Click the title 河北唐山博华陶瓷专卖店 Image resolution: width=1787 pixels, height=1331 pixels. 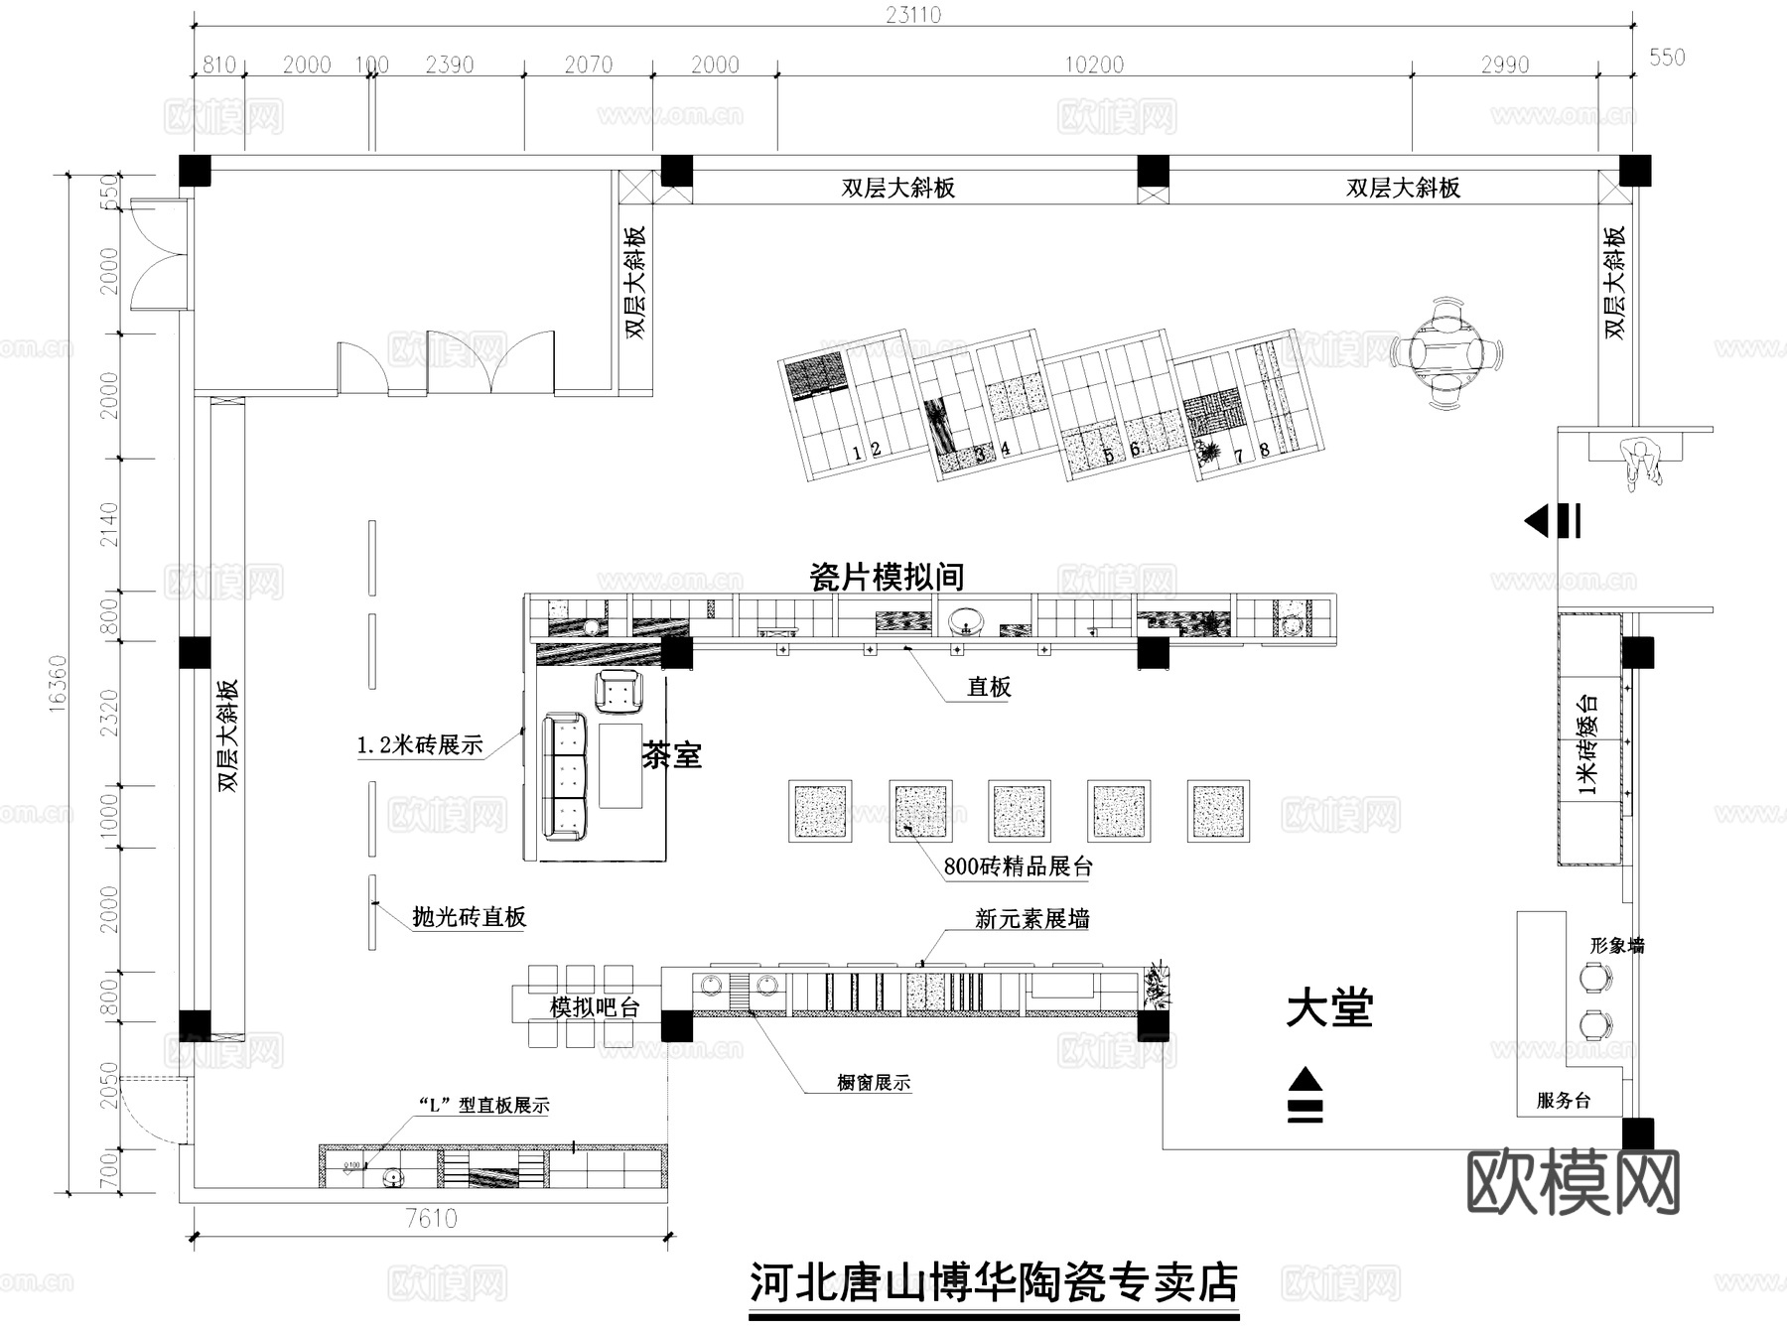[x=993, y=1282]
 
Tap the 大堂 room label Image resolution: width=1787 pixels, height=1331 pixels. [x=1329, y=1009]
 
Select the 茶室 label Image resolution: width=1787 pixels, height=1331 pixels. [x=672, y=755]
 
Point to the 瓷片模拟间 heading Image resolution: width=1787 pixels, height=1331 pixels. [x=887, y=577]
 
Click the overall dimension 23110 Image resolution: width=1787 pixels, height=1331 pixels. [x=913, y=15]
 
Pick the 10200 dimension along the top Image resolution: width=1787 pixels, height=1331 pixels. [x=1094, y=66]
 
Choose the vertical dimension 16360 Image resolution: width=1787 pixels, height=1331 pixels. [x=58, y=683]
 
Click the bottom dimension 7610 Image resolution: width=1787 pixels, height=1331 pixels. [x=431, y=1219]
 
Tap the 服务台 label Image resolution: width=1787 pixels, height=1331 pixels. [x=1564, y=1100]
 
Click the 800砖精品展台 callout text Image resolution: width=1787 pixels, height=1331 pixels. [x=1018, y=866]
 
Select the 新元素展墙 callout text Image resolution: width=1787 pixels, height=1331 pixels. [x=1031, y=919]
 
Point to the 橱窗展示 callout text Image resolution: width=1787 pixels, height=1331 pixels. [x=874, y=1083]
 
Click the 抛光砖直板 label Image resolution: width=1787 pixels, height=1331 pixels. [x=469, y=917]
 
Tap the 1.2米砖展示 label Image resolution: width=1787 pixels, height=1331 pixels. [x=420, y=745]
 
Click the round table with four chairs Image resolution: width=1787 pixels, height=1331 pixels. [x=1445, y=353]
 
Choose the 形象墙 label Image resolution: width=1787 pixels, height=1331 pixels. [x=1616, y=946]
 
